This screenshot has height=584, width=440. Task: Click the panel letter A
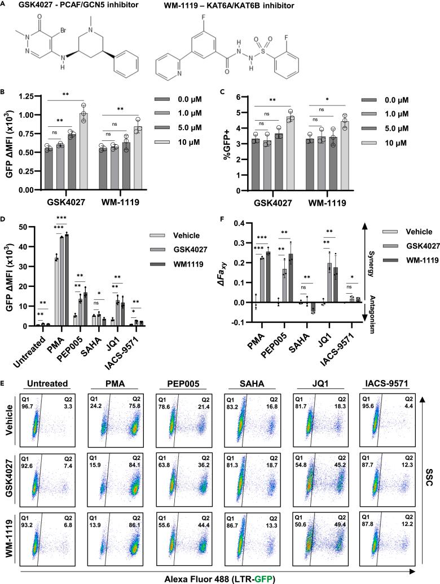click(4, 5)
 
